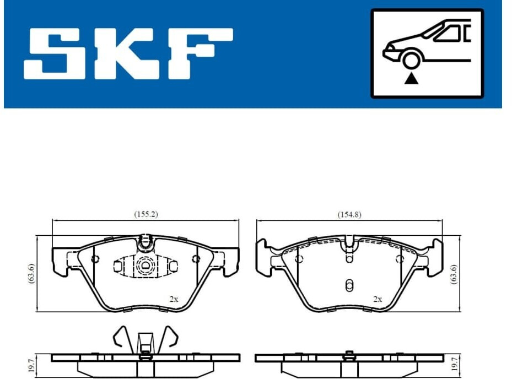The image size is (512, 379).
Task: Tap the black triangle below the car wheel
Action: (411, 79)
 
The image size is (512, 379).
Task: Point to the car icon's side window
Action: (448, 34)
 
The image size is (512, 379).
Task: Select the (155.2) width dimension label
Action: (146, 214)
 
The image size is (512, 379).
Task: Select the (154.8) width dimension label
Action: (349, 214)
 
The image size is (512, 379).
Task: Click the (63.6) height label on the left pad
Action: (31, 273)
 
